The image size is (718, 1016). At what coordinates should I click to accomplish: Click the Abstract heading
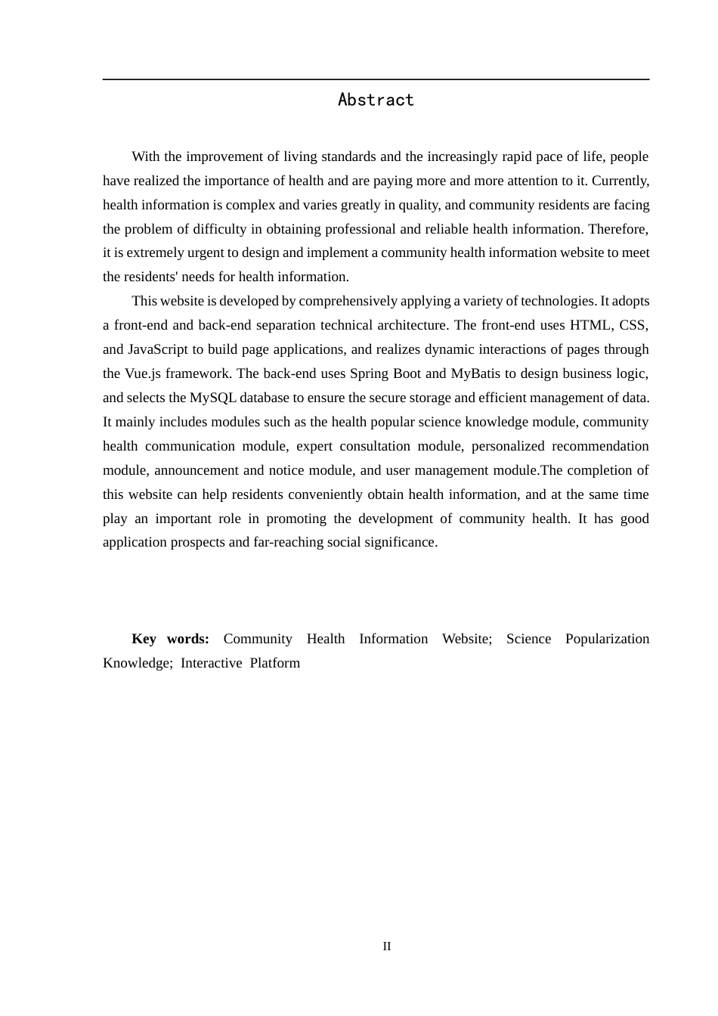tap(376, 100)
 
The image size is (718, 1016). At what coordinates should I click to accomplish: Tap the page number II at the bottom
tap(387, 946)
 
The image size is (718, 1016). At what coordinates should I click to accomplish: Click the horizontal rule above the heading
tap(376, 79)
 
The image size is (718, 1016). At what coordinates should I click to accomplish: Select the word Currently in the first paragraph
tap(621, 181)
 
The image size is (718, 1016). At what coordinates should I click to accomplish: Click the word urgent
tap(212, 252)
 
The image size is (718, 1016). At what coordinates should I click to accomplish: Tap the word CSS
tap(633, 325)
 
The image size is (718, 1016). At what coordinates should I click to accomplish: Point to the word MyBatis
tap(475, 373)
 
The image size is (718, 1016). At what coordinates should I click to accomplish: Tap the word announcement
tap(199, 470)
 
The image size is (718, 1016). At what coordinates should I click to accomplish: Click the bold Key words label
tap(170, 639)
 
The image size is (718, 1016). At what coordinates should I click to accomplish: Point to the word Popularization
tap(607, 639)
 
